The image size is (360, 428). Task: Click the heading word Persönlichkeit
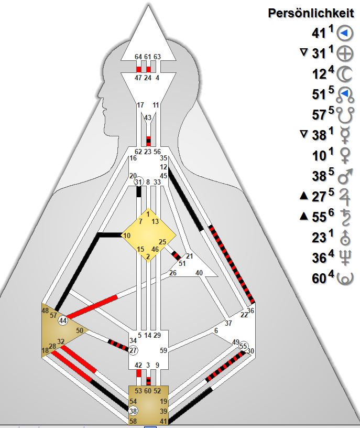(312, 13)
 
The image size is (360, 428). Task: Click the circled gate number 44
(63, 320)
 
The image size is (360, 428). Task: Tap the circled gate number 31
(138, 181)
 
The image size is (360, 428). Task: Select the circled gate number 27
(133, 350)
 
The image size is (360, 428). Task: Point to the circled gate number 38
(133, 411)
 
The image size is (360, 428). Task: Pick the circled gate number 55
(243, 346)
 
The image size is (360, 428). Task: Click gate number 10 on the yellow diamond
(127, 236)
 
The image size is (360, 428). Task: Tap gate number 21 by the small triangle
(189, 256)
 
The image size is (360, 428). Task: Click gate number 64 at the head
(138, 57)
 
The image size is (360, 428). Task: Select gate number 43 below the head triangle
(148, 117)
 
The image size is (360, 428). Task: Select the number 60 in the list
(319, 279)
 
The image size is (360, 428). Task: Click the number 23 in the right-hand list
(319, 238)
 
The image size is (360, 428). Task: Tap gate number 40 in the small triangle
(199, 273)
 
